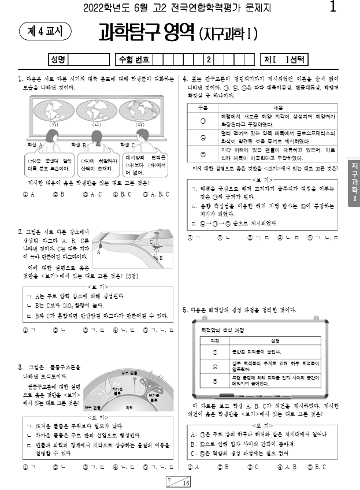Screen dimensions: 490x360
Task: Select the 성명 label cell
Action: [58, 60]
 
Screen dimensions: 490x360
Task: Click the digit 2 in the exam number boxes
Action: [208, 60]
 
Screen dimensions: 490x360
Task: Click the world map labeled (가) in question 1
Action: [55, 109]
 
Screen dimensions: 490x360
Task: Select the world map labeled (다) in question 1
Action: [139, 109]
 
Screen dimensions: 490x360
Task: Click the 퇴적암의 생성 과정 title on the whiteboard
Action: [222, 329]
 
